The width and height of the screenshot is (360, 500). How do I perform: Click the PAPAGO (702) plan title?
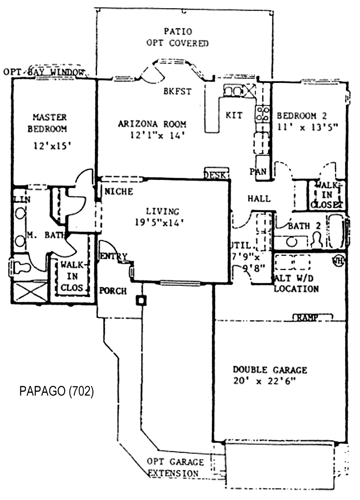pyautogui.click(x=57, y=392)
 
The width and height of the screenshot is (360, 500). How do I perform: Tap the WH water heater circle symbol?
pyautogui.click(x=338, y=261)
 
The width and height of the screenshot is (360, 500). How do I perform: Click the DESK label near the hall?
pyautogui.click(x=215, y=175)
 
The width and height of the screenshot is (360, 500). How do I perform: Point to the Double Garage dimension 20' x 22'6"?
pyautogui.click(x=265, y=381)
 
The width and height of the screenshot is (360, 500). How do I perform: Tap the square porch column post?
pyautogui.click(x=142, y=300)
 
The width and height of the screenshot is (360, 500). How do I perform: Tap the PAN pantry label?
pyautogui.click(x=258, y=171)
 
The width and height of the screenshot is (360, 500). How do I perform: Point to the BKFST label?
pyautogui.click(x=178, y=92)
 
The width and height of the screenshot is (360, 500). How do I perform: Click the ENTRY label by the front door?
pyautogui.click(x=113, y=256)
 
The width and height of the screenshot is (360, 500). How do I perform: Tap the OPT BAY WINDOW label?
pyautogui.click(x=44, y=72)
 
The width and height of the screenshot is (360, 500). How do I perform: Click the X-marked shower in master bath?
pyautogui.click(x=31, y=292)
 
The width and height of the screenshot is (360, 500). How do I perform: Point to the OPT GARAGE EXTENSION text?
pyautogui.click(x=175, y=468)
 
